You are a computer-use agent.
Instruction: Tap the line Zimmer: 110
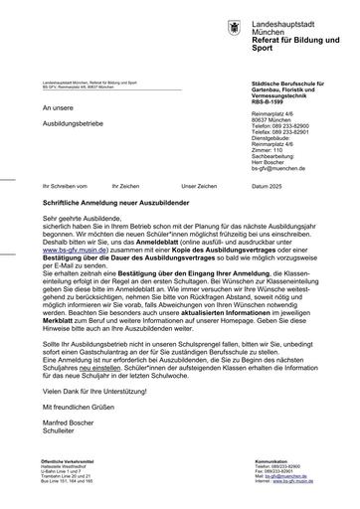[x=269, y=150]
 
